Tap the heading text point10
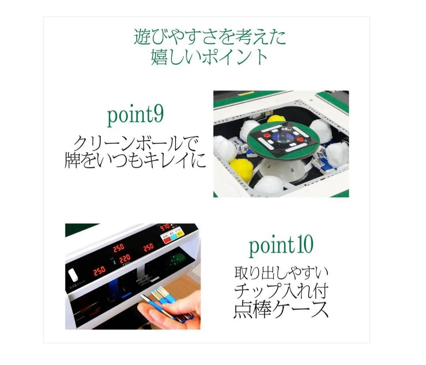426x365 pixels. tap(280, 245)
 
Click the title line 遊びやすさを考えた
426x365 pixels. tap(209, 37)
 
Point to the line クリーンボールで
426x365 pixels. tap(135, 143)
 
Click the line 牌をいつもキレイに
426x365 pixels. tap(135, 161)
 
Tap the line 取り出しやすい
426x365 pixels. tap(280, 272)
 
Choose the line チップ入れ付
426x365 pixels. tap(280, 291)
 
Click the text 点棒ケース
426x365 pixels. tap(280, 310)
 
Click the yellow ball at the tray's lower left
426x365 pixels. tap(241, 169)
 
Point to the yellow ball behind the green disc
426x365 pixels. tap(276, 119)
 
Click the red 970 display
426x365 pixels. tap(165, 227)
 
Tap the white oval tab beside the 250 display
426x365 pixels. tap(73, 275)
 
